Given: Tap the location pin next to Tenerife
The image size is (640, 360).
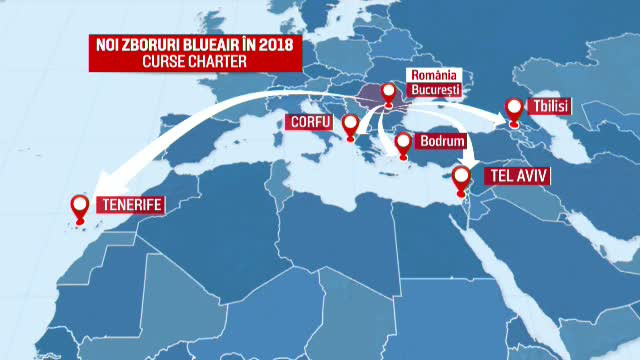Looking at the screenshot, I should [x=81, y=207].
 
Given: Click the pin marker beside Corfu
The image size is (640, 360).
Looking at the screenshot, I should [x=350, y=125].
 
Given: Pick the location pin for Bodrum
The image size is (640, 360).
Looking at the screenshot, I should [x=403, y=144].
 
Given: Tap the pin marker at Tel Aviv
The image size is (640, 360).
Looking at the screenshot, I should [x=461, y=177].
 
